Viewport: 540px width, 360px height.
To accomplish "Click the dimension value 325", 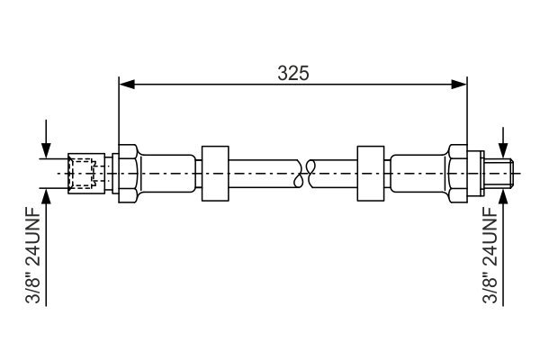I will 292,73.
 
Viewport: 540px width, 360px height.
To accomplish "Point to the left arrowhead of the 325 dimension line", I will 126,85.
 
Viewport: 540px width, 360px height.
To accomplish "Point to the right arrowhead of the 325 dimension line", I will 460,85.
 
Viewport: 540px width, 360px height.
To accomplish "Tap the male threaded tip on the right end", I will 500,172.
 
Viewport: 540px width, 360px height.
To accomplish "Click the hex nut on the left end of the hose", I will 128,172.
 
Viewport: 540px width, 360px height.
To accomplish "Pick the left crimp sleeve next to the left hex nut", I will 166,172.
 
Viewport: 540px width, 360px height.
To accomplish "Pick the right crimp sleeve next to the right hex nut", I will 418,172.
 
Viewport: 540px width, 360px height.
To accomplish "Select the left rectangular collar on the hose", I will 216,172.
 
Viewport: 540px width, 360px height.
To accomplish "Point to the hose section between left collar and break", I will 265,172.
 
